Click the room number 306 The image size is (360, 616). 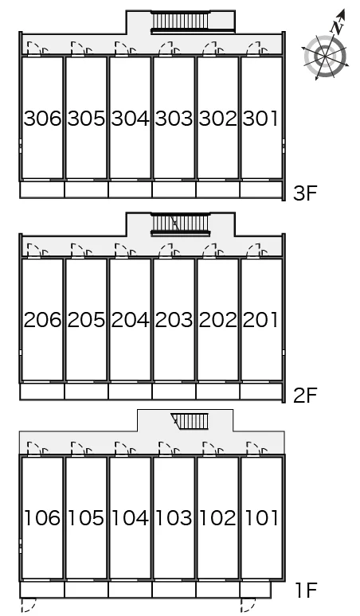(x=42, y=119)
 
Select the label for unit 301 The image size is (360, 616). (x=260, y=119)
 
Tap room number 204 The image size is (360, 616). (x=130, y=320)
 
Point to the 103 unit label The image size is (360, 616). (x=174, y=518)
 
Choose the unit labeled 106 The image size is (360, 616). (x=42, y=518)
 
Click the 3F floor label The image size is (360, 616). (x=305, y=193)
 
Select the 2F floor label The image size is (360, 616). (x=305, y=395)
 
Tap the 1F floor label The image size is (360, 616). (x=306, y=590)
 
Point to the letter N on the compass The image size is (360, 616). (x=336, y=28)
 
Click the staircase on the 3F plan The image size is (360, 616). (x=181, y=21)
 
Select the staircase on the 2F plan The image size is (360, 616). (x=180, y=224)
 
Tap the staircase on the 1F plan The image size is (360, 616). (x=190, y=421)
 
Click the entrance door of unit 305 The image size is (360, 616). (x=82, y=49)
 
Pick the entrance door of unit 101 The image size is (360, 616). (x=257, y=449)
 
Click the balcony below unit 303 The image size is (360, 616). (x=174, y=189)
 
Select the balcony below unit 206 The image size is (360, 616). (x=42, y=392)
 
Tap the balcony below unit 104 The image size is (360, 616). (x=130, y=590)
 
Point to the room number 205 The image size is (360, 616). (x=87, y=320)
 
